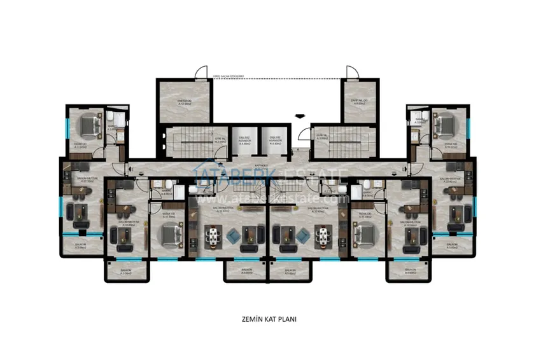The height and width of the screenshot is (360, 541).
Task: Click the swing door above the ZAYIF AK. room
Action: click(353, 72)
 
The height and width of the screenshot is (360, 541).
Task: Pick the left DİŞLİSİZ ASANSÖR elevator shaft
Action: click(244, 141)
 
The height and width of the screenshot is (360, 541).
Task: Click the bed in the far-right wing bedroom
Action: click(443, 125)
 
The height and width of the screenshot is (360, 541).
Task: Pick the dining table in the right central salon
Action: click(324, 236)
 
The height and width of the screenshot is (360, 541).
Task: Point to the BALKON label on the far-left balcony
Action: click(80, 245)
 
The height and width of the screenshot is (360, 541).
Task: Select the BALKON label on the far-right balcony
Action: click(452, 245)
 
